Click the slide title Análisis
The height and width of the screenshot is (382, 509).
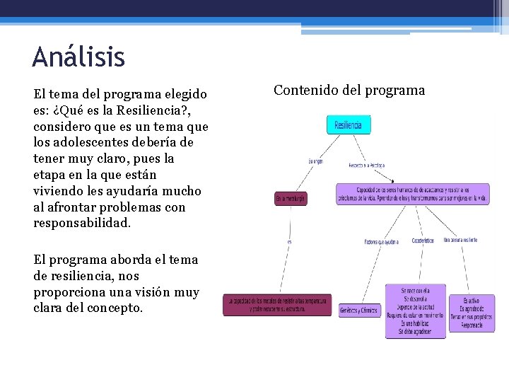(78, 57)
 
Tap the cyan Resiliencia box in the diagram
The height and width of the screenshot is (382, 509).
(348, 125)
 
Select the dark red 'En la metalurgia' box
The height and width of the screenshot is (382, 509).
(291, 199)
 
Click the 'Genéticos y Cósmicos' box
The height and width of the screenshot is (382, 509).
(360, 311)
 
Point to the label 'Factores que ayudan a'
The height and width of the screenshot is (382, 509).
(381, 242)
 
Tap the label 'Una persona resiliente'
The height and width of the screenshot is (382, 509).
(460, 241)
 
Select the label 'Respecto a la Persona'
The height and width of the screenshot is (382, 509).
(365, 166)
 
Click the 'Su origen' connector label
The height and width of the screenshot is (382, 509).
(315, 161)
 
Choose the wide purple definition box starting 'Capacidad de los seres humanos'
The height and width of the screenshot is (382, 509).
(412, 194)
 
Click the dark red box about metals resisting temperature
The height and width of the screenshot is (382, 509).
(277, 305)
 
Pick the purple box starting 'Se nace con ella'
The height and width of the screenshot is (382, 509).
(415, 311)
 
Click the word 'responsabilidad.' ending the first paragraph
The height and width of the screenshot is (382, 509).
(82, 223)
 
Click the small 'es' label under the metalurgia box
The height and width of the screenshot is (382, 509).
(289, 242)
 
